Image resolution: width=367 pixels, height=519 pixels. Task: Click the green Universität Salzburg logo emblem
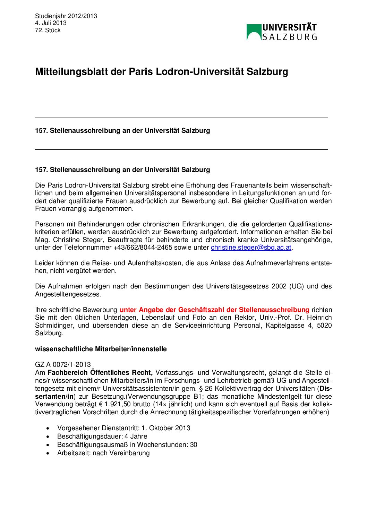coord(254,32)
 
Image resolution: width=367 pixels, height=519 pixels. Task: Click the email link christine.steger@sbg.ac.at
coord(251,248)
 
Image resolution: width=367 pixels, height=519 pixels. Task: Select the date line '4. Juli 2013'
coord(51,23)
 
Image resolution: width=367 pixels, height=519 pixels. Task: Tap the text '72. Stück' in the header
coord(48,30)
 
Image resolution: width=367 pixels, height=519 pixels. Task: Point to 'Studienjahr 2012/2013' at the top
coord(66,16)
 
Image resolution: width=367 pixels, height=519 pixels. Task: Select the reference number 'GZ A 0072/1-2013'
coord(63,364)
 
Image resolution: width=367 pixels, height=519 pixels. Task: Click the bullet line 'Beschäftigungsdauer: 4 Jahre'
coord(102,436)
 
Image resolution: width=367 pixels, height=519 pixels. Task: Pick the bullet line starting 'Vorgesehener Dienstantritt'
coord(123,428)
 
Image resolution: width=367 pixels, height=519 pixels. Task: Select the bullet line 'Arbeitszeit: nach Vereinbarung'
coord(103,453)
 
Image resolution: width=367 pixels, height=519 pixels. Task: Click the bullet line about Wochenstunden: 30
coord(127,444)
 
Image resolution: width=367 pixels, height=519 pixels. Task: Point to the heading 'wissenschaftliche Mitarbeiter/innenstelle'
coord(101,349)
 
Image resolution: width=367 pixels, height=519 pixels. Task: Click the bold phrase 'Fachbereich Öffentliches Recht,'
coord(100,373)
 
